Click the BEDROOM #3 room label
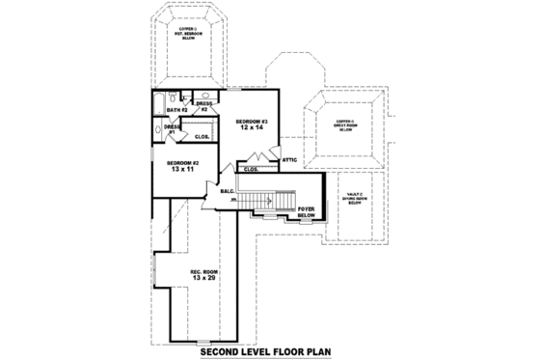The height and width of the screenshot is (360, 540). click(252, 121)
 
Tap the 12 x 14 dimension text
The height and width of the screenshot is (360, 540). click(252, 128)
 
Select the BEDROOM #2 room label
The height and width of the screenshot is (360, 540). click(181, 163)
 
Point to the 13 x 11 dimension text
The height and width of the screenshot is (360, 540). click(181, 171)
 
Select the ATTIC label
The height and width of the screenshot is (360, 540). click(289, 159)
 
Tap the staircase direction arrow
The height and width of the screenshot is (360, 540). click(253, 199)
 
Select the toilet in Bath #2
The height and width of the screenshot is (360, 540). click(191, 97)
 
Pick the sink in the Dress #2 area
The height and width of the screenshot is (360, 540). click(205, 97)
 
